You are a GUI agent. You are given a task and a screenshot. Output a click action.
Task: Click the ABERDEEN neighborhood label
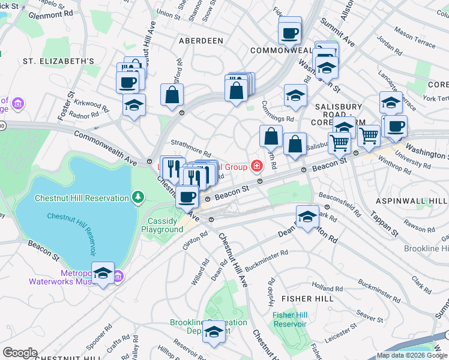point(200,41)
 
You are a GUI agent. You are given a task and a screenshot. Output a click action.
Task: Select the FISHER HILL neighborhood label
point(311,298)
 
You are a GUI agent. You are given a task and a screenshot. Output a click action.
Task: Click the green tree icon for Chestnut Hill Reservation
point(138,197)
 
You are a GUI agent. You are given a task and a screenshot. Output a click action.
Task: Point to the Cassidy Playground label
point(165,226)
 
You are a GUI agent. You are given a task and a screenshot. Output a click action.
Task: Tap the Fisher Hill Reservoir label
point(289,319)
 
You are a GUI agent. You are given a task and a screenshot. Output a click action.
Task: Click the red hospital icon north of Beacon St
point(257,165)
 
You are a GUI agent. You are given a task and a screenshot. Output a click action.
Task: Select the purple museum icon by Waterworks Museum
point(118,277)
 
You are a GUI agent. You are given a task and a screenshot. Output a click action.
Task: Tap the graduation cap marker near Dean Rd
point(307,216)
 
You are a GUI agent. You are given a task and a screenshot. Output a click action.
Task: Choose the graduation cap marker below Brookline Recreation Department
point(214,331)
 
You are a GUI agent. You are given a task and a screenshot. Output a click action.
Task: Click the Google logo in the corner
point(20,353)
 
